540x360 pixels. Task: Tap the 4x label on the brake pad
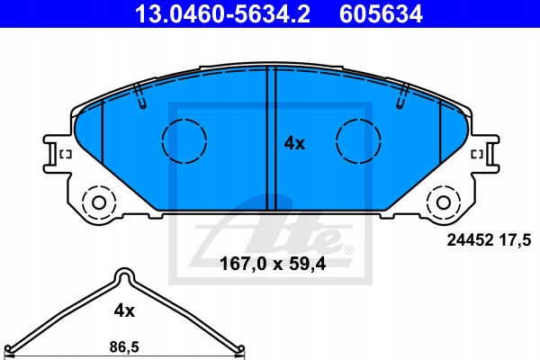[x=294, y=142]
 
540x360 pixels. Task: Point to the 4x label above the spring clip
[x=123, y=310]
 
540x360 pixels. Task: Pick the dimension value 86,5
[x=123, y=345]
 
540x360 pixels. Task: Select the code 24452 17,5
[x=490, y=238]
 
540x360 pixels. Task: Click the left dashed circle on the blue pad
[x=184, y=139]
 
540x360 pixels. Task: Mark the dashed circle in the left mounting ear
[x=96, y=201]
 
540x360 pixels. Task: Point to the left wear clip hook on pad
[x=139, y=95]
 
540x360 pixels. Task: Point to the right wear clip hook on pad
[x=402, y=95]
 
